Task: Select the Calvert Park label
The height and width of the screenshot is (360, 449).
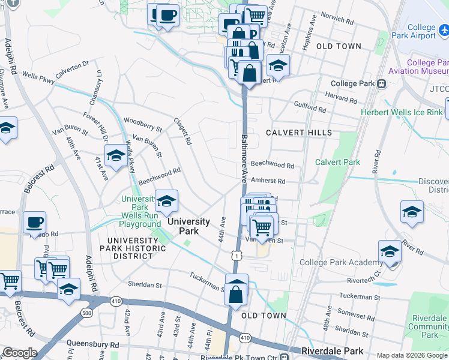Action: [x=337, y=162]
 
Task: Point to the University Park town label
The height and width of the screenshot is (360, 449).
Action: [x=190, y=226]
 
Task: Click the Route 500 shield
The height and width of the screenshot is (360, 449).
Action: [x=87, y=313]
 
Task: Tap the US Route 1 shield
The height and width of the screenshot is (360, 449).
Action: [x=238, y=256]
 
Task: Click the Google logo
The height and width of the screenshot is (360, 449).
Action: [x=19, y=353]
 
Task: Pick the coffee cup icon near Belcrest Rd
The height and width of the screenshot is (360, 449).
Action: [x=35, y=223]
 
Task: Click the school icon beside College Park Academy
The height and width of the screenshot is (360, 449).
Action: [x=389, y=251]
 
